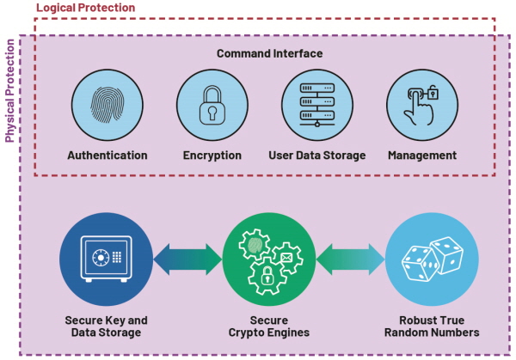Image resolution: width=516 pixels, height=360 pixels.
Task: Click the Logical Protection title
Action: coord(85,8)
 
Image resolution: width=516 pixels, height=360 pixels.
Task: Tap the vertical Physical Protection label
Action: coord(9,91)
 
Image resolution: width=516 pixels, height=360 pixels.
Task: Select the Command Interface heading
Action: coord(269,53)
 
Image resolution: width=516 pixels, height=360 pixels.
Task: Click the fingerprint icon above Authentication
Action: coord(107,105)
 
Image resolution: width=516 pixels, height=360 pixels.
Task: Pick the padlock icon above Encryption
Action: coord(212,105)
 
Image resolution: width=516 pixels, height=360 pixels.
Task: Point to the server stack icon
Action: coord(317,105)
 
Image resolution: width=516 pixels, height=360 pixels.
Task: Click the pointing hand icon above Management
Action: coord(421,105)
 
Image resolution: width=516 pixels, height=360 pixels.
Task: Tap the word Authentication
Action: coord(107,156)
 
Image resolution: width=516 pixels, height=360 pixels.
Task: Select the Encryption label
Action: coord(212,156)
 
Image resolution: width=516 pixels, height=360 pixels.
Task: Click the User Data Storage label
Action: coord(317,156)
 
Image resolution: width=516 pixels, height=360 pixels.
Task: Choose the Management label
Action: coord(422,156)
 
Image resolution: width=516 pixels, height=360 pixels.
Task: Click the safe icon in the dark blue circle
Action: coord(107,259)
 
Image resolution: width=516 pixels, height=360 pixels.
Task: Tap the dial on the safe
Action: coord(101,257)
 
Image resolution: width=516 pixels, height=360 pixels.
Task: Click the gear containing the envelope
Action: coord(287,258)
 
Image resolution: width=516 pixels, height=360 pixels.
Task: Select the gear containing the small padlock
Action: coord(267,276)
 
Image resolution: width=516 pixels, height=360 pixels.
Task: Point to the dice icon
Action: coord(432,259)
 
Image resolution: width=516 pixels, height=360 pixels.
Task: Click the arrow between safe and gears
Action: coord(187,259)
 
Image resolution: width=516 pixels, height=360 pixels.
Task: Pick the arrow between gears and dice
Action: coord(350,259)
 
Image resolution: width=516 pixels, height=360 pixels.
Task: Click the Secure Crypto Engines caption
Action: coord(269,326)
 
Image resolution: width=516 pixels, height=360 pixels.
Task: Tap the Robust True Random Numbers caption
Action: coord(432,326)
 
